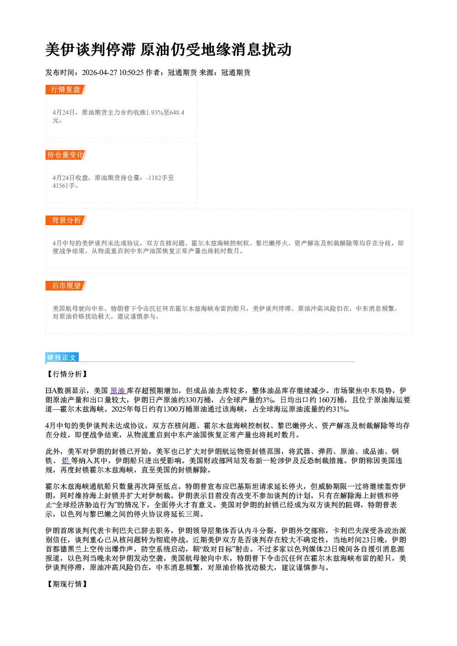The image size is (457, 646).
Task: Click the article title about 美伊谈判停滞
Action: click(168, 49)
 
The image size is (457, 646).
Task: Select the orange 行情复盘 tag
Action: click(66, 89)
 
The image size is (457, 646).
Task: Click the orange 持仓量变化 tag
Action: click(66, 155)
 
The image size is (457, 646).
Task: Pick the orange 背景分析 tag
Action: click(66, 221)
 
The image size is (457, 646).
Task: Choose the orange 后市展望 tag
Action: click(66, 286)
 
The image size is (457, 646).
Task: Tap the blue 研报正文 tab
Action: click(62, 358)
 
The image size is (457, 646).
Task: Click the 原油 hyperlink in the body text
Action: click(118, 391)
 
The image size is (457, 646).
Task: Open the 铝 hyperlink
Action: click(65, 460)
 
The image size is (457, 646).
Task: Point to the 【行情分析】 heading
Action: click(67, 374)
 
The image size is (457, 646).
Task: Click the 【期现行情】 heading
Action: click(67, 584)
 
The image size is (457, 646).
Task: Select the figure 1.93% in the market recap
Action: click(155, 112)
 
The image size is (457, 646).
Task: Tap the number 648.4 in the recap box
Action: click(177, 112)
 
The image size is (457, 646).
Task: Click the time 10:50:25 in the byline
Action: click(131, 72)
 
